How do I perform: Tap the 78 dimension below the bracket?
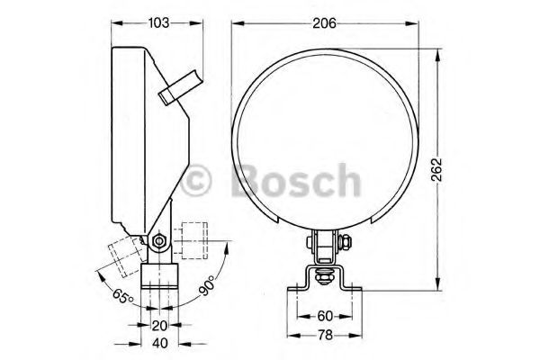[x=325, y=336]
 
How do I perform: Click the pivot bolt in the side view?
[x=158, y=241]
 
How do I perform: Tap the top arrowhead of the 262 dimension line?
[x=438, y=52]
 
